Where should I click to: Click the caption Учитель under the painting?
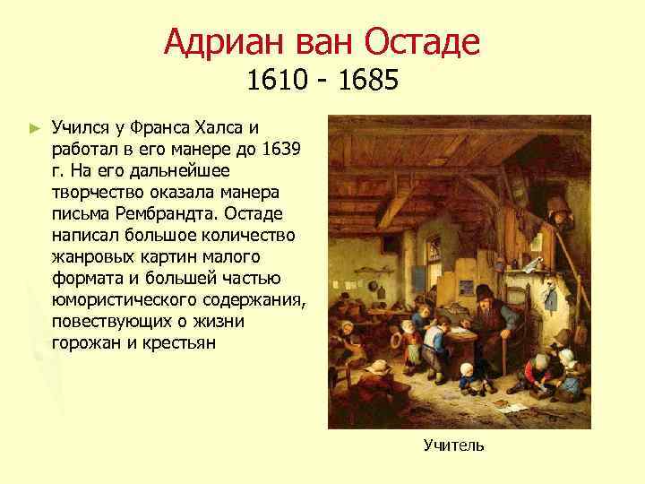coord(453,445)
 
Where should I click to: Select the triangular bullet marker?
coord(35,129)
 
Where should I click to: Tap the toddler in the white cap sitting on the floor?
coord(467,375)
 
